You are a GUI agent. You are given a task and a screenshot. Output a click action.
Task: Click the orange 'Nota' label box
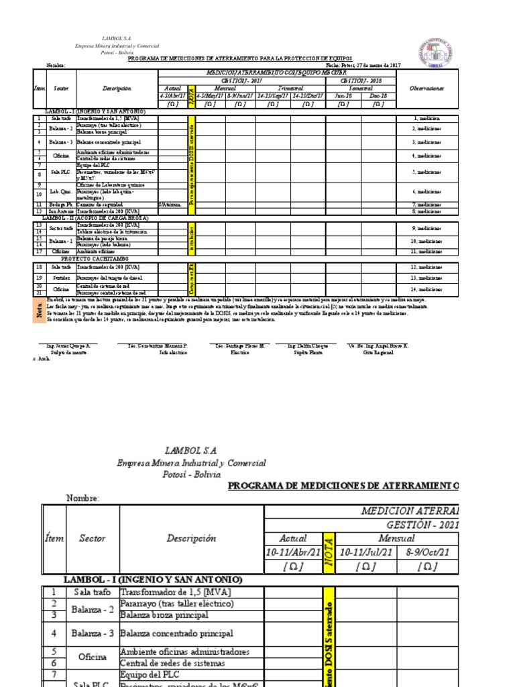pyautogui.click(x=38, y=309)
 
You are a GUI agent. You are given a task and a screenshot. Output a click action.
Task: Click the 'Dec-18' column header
pyautogui.click(x=378, y=96)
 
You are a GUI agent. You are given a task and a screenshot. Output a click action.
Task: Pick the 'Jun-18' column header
pyautogui.click(x=343, y=96)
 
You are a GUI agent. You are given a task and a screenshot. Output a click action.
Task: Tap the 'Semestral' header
pyautogui.click(x=360, y=89)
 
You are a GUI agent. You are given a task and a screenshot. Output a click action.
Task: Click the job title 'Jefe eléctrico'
pyautogui.click(x=172, y=352)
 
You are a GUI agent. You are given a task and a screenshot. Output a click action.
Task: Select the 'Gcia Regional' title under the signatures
pyautogui.click(x=378, y=352)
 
